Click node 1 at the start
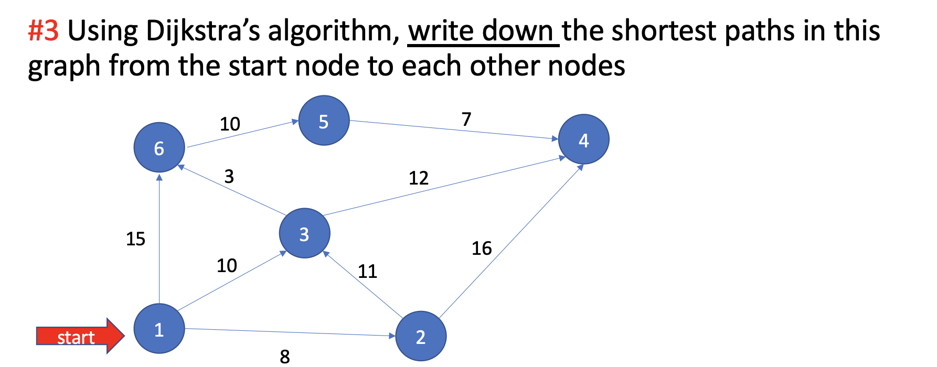click(x=159, y=329)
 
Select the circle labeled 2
click(x=420, y=336)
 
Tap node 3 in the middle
click(x=304, y=233)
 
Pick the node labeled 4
click(x=583, y=139)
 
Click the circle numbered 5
click(x=324, y=121)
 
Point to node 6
click(x=159, y=147)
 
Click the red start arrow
click(x=79, y=336)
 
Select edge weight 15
click(x=135, y=239)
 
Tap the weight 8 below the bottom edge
click(x=285, y=357)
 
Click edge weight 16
click(x=482, y=248)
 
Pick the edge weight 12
click(x=418, y=178)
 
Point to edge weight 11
click(x=367, y=271)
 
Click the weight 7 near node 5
click(x=466, y=119)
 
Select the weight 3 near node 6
click(x=229, y=176)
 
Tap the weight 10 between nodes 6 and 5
click(x=230, y=124)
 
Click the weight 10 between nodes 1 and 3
click(x=227, y=265)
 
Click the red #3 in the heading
click(x=43, y=30)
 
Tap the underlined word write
click(x=441, y=30)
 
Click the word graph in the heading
click(x=63, y=67)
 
